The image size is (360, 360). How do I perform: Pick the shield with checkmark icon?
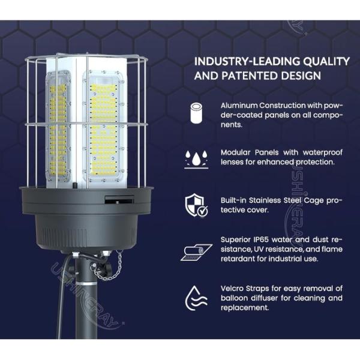point(196,204)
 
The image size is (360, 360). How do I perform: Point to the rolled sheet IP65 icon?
point(196,251)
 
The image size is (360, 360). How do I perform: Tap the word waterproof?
point(311,152)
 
